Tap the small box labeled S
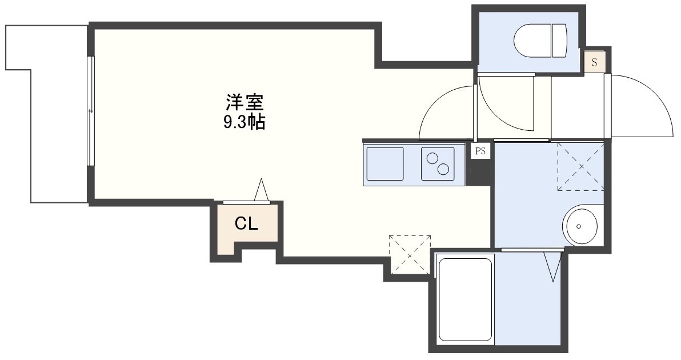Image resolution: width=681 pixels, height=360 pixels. (x=594, y=62)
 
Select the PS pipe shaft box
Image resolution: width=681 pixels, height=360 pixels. (x=480, y=151)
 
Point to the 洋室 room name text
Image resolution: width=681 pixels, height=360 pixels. (x=244, y=103)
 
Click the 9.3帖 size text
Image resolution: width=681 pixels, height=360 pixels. (x=244, y=122)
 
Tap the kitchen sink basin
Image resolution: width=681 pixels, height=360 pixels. (x=384, y=163)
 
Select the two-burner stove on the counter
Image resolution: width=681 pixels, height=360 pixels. (x=438, y=163)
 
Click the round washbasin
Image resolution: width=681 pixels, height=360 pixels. (x=580, y=226)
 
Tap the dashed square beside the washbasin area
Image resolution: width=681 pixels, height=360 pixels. (x=580, y=166)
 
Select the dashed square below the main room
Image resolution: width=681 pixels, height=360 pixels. (x=410, y=254)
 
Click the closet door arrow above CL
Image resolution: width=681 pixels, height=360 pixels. (x=262, y=190)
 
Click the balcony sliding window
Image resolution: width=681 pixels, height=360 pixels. (x=90, y=111)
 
